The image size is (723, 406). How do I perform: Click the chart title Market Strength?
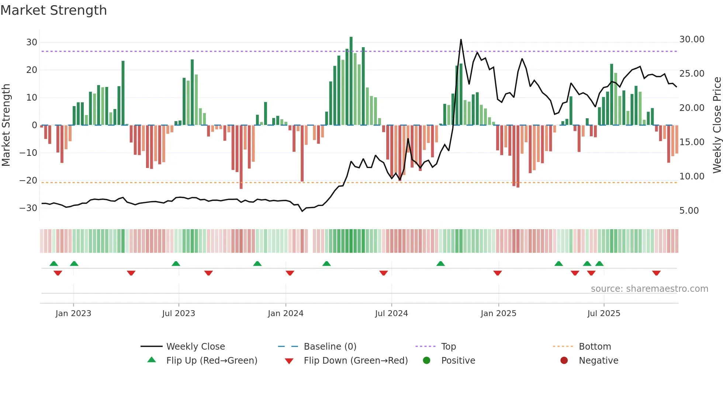click(54, 10)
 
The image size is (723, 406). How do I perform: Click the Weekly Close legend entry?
click(195, 346)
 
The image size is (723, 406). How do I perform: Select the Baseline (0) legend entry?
click(330, 346)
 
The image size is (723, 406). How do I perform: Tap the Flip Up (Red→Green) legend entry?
click(211, 360)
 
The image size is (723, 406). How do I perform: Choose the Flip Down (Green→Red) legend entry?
click(356, 360)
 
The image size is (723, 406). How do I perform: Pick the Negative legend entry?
click(598, 360)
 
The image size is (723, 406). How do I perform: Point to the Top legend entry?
click(448, 346)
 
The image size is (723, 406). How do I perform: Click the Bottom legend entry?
click(595, 346)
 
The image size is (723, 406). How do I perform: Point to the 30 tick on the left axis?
click(32, 42)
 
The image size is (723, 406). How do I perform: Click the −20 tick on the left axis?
click(29, 181)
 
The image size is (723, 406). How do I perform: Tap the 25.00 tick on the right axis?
click(692, 74)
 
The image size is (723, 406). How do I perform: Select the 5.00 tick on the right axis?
click(689, 211)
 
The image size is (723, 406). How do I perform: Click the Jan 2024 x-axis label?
click(286, 314)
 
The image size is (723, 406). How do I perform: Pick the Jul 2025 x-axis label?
click(603, 314)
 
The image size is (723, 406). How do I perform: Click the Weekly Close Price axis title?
click(717, 125)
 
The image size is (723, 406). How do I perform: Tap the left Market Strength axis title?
click(6, 125)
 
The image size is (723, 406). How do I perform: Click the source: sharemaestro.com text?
click(649, 289)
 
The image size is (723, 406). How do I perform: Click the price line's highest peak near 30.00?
click(461, 40)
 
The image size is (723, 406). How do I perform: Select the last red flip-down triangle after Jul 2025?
click(656, 273)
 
